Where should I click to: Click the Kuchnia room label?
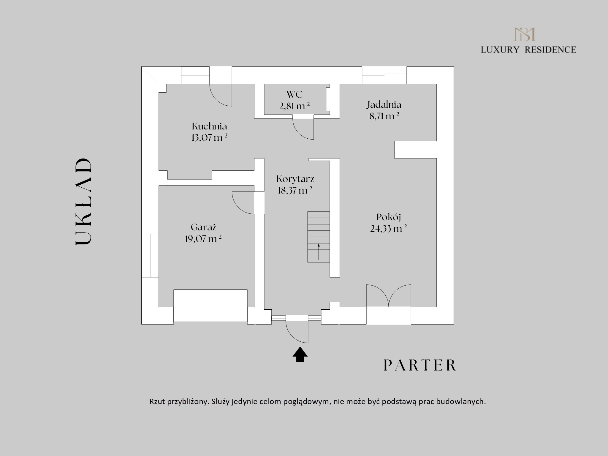point(209,126)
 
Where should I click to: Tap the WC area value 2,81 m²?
point(294,106)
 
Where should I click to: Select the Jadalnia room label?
point(384,105)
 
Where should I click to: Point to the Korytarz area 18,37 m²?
point(295,190)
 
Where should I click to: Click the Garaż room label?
point(203,227)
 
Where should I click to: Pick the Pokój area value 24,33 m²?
point(388,228)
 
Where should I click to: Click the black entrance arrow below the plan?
point(300,354)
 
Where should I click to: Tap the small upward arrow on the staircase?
point(319,252)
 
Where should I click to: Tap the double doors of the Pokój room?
point(389,295)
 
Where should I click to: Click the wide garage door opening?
point(210,305)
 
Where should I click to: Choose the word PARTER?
point(420,365)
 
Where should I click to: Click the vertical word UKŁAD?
point(83,201)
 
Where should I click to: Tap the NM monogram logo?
point(525,34)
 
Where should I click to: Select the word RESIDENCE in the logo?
point(550,50)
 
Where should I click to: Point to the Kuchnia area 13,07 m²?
point(209,138)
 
